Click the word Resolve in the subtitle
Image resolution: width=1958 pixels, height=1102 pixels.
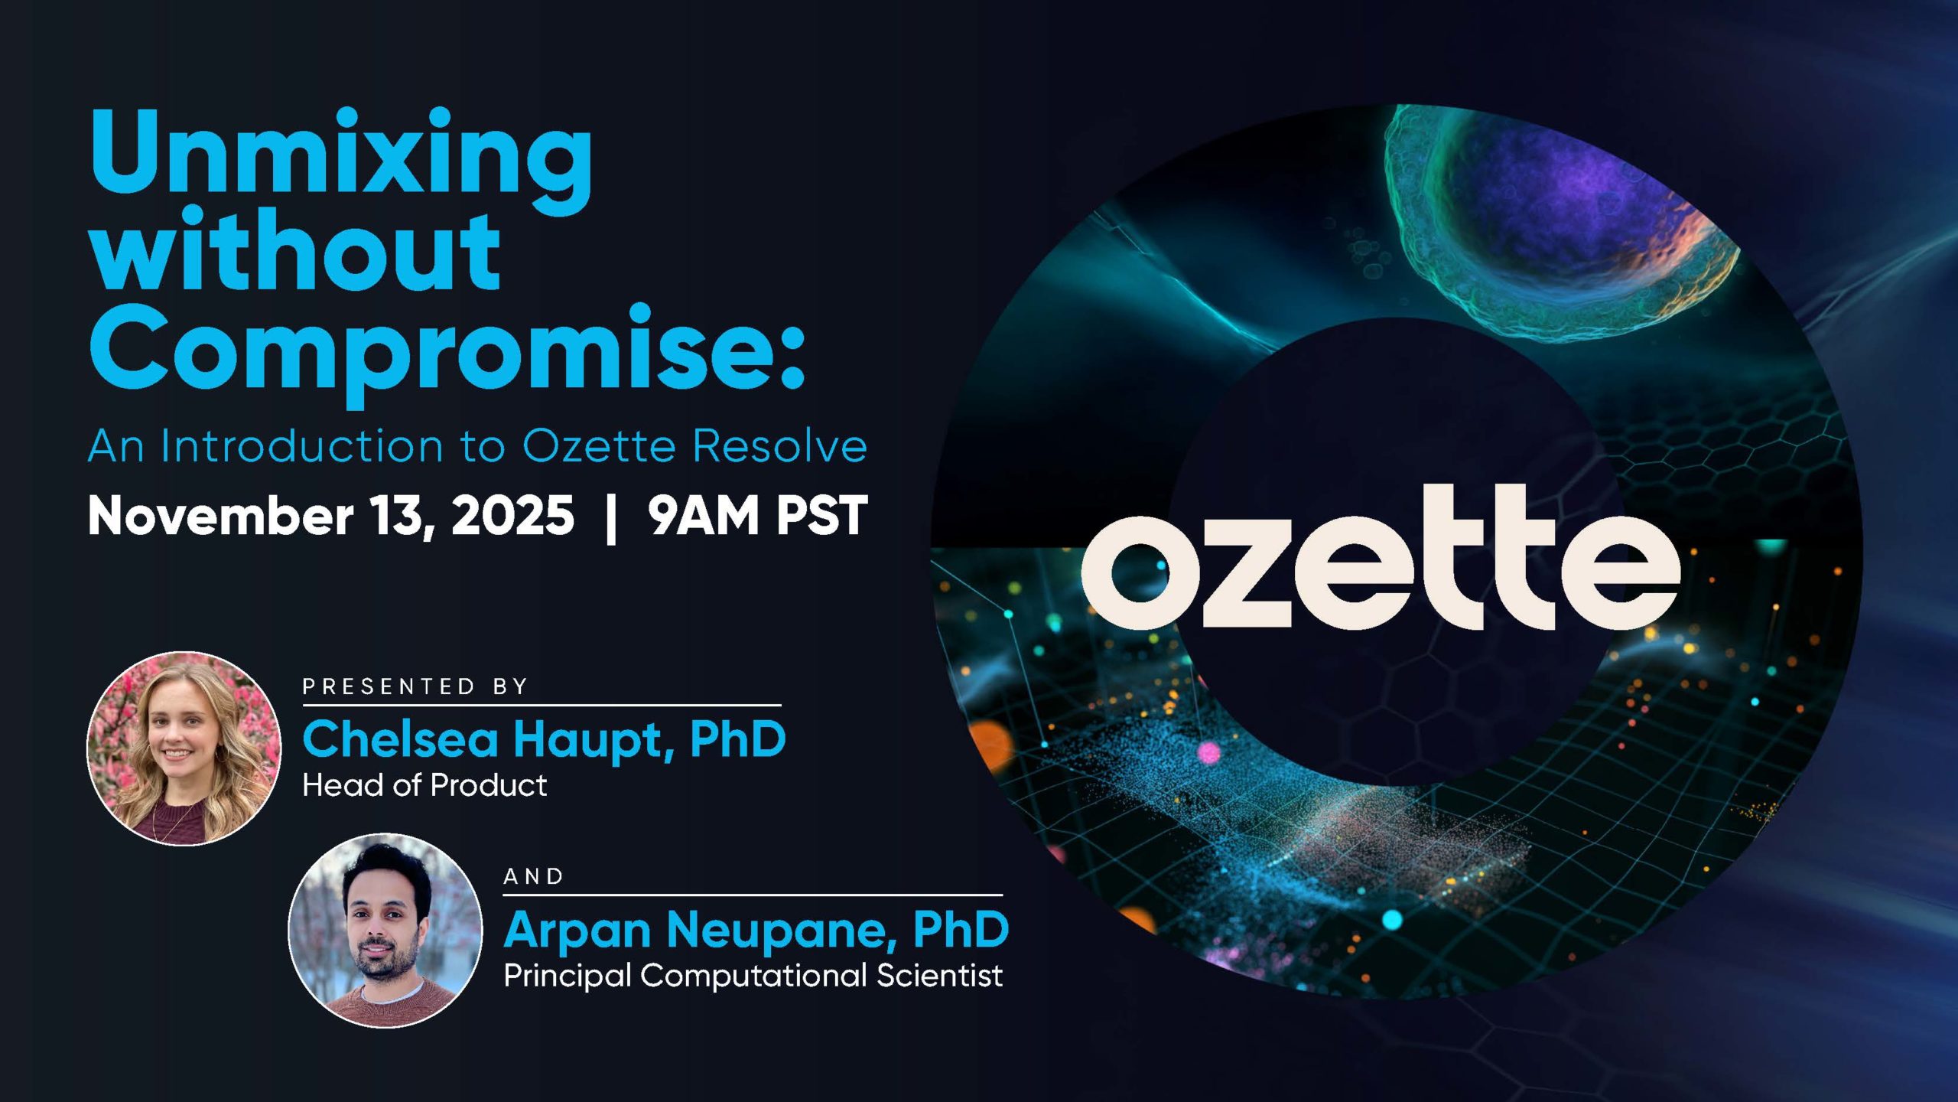780,446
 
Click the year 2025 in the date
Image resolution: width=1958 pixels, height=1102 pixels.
512,515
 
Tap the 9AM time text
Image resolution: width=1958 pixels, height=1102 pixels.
702,515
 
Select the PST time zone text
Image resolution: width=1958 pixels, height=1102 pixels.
821,515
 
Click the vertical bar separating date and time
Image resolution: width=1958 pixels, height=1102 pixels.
610,517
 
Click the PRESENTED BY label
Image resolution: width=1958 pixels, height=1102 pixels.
415,686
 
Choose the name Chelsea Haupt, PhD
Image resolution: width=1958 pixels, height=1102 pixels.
545,739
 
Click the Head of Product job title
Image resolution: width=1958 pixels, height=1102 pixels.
424,785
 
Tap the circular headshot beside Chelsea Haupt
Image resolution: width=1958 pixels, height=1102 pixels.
184,748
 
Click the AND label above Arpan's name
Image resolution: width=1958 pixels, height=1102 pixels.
534,876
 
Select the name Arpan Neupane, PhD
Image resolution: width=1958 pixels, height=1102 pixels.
756,930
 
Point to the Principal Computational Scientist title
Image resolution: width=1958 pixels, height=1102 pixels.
753,976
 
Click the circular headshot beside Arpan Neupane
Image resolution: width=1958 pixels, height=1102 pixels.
385,931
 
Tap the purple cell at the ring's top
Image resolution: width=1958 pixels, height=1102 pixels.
1560,218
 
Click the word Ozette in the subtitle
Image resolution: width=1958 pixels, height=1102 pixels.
599,446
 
